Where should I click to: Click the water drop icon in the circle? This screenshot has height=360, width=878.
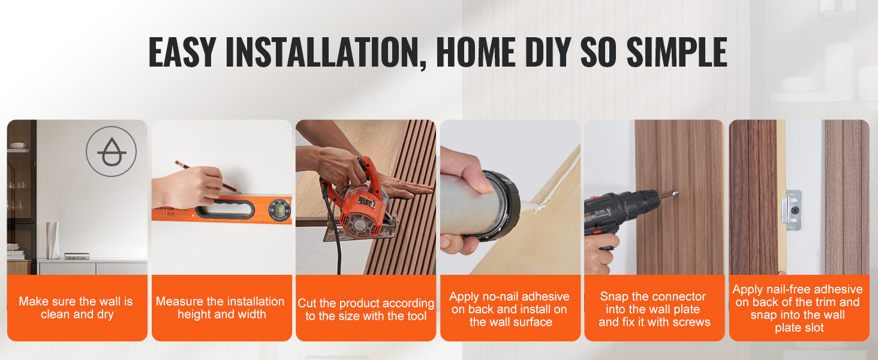pos(112,152)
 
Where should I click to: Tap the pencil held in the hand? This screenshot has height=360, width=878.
pos(208,177)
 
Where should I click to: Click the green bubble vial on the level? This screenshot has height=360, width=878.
pos(279,211)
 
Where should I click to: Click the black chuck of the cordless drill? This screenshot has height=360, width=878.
pos(647,202)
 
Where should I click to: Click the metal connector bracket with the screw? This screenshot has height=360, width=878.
pos(792,210)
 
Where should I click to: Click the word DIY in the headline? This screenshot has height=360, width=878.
pos(549,52)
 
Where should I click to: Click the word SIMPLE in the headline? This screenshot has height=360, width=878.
pos(677,52)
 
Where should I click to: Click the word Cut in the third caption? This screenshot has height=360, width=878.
pos(306,303)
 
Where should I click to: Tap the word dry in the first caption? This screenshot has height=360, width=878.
pos(105,315)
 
